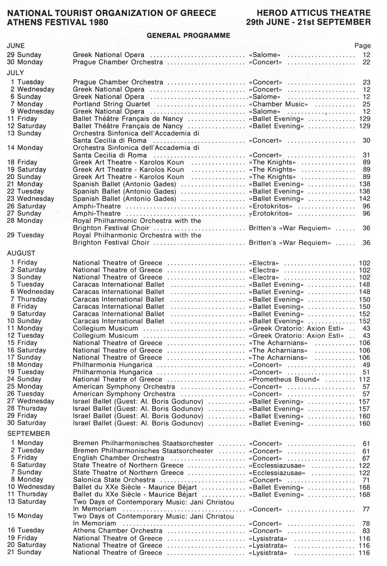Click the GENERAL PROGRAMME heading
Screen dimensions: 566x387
(x=188, y=35)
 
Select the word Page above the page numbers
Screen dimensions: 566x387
(x=362, y=46)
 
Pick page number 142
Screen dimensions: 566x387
(x=364, y=199)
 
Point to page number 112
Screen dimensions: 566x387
(x=364, y=379)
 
